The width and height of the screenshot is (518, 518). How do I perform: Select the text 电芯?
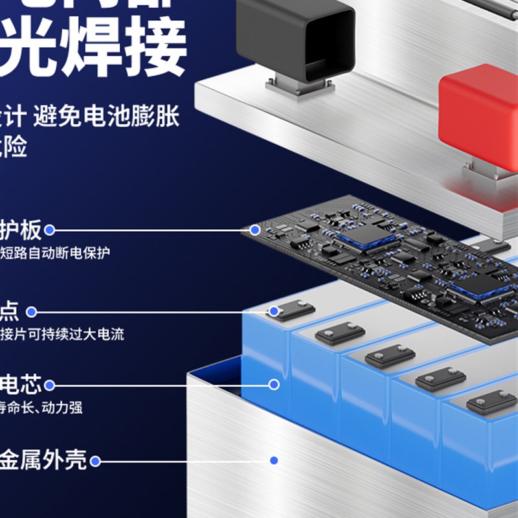(x=21, y=385)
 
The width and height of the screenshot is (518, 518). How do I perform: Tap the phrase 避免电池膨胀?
(x=107, y=117)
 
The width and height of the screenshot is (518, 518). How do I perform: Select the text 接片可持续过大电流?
(x=62, y=334)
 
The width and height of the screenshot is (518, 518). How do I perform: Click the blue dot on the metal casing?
(x=274, y=460)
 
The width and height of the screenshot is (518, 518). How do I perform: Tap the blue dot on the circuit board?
(x=255, y=230)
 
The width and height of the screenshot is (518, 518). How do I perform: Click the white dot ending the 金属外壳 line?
(x=96, y=462)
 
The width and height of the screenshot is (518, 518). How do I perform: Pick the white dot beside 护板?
(x=49, y=230)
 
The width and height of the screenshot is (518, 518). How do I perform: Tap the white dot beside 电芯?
(x=49, y=385)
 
